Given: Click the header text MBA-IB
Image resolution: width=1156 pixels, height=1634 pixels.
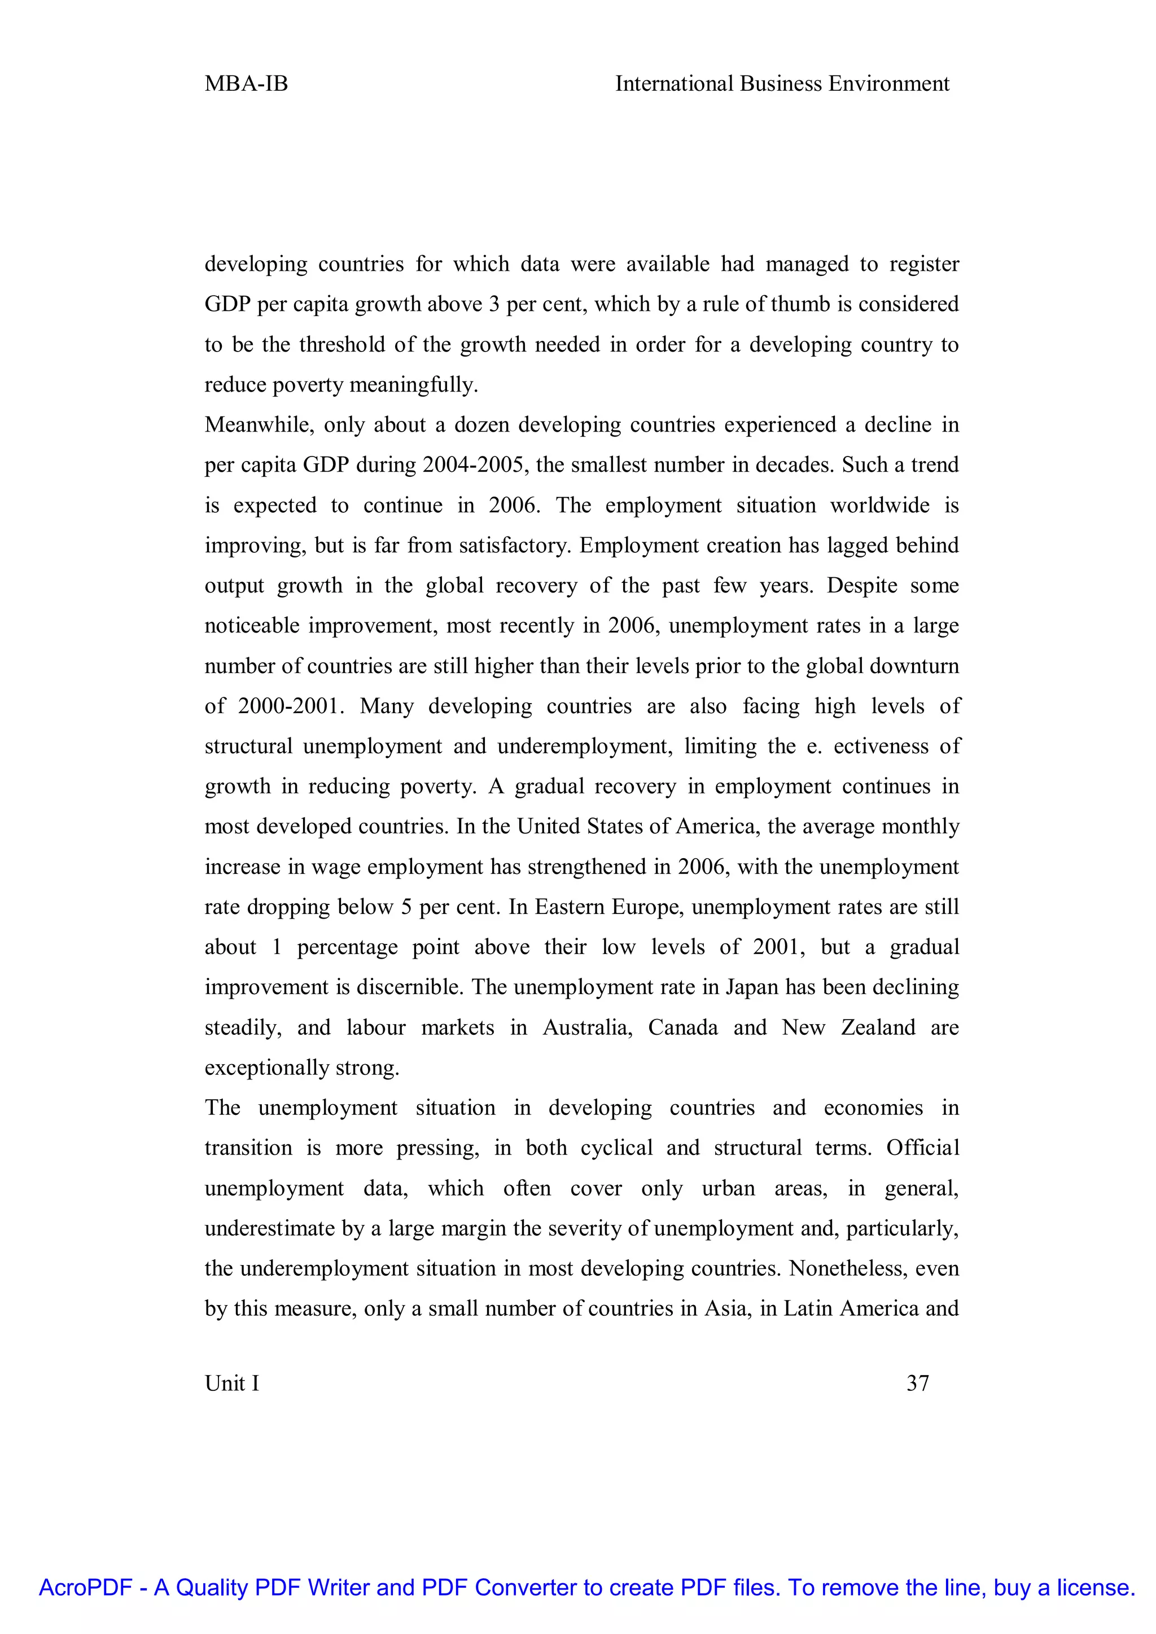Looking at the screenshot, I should click(246, 84).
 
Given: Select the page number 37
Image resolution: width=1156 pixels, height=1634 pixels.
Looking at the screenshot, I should click(918, 1383).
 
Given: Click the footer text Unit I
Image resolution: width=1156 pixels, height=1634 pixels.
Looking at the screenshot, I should click(232, 1383).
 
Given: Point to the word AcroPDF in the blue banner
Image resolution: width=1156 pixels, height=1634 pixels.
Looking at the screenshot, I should click(85, 1587).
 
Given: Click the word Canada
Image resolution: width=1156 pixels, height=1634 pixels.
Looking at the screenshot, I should click(682, 1027).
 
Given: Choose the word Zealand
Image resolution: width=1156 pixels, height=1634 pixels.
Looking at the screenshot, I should click(878, 1027).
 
